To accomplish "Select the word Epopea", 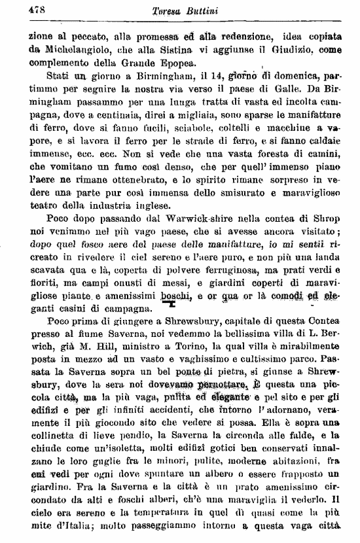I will [174, 64].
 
